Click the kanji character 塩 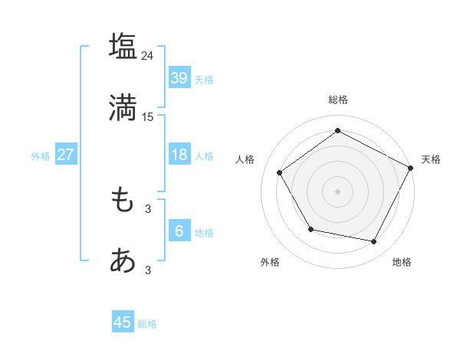[x=123, y=46]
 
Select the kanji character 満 [x=123, y=108]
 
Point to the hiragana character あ [x=123, y=261]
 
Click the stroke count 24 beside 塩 [x=148, y=56]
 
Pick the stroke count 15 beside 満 [x=148, y=117]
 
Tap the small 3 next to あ [x=148, y=270]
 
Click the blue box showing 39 [x=179, y=77]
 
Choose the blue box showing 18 [x=179, y=155]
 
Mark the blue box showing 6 [x=179, y=231]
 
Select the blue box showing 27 [x=65, y=155]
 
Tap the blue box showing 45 [x=123, y=322]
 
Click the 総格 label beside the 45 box [x=148, y=324]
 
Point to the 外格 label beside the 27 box [x=41, y=156]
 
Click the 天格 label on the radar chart [x=431, y=159]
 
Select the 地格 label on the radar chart [x=402, y=263]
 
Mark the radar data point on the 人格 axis [x=280, y=173]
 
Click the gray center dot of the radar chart [x=337, y=191]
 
